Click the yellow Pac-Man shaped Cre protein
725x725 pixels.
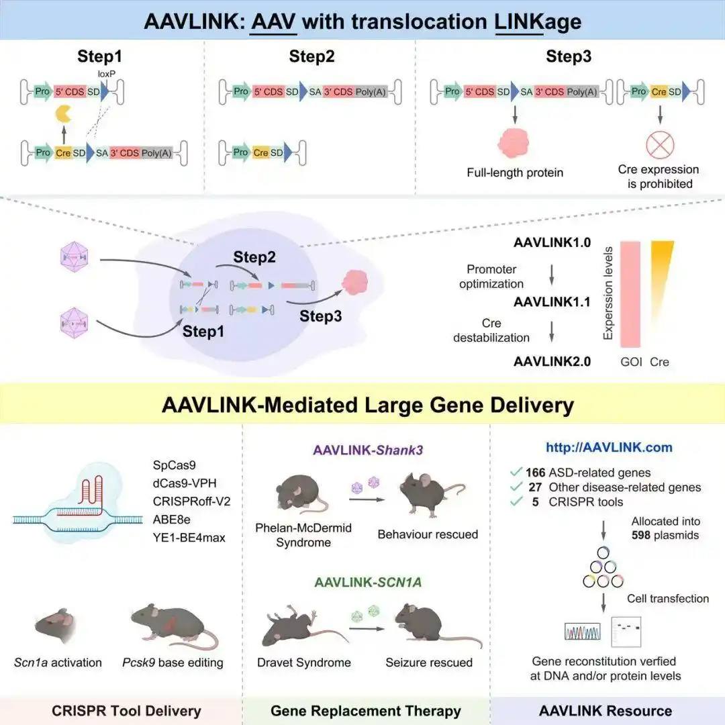click(x=64, y=116)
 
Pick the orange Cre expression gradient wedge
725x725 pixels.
click(x=661, y=269)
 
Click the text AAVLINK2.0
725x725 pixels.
click(x=552, y=361)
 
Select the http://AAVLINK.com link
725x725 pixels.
click(x=609, y=447)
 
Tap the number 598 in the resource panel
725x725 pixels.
click(x=645, y=536)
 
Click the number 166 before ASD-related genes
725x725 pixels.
click(x=534, y=472)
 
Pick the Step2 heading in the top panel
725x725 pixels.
click(x=311, y=56)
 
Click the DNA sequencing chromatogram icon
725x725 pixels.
click(x=581, y=631)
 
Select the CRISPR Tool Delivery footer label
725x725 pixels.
click(x=126, y=710)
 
